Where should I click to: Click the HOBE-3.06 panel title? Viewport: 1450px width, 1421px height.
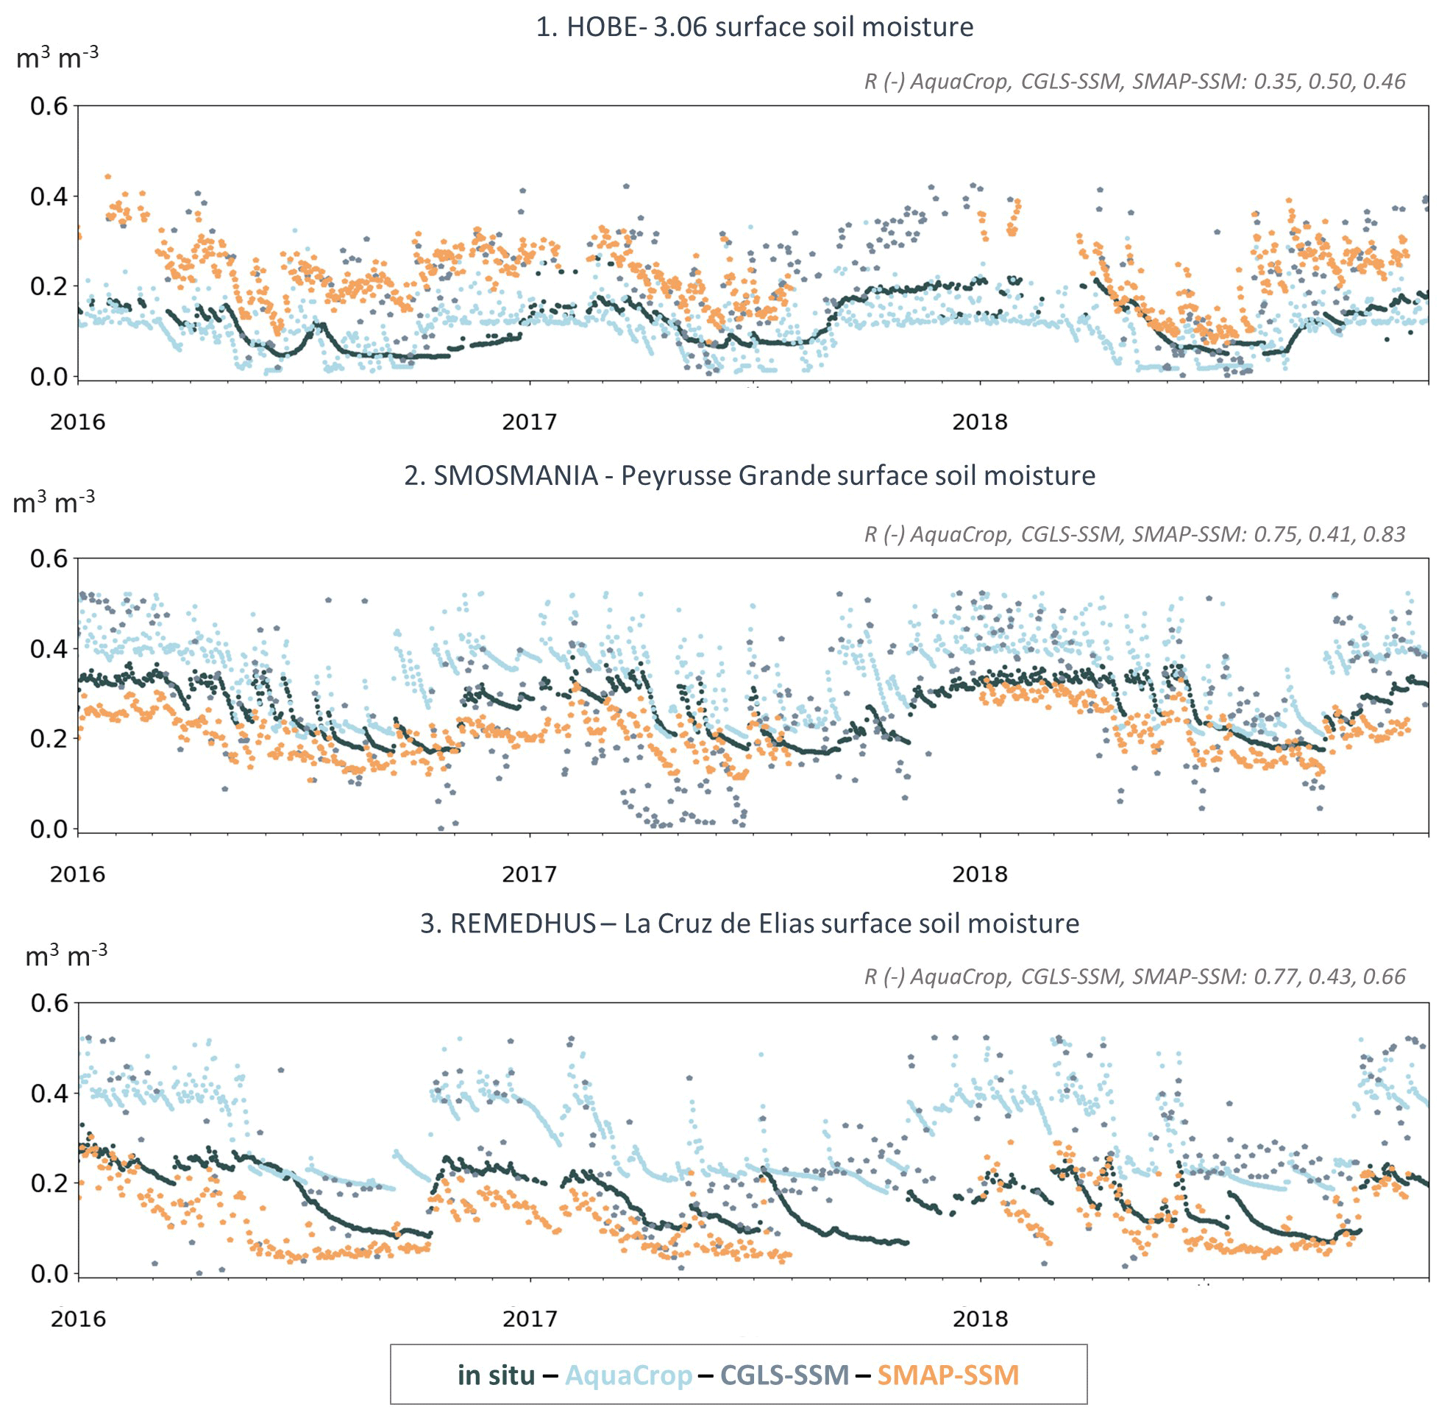coord(754,28)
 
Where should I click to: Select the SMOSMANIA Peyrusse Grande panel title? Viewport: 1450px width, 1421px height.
coord(749,475)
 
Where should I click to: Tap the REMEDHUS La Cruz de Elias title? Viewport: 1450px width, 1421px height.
coord(749,924)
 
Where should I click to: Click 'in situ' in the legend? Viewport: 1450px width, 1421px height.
coord(496,1375)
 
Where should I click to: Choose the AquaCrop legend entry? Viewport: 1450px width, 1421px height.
coord(628,1375)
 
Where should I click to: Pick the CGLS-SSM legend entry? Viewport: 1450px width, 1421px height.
coord(784,1375)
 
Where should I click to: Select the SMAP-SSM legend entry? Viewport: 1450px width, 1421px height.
coord(948,1375)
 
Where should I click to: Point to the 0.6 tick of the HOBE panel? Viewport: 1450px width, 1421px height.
coord(49,106)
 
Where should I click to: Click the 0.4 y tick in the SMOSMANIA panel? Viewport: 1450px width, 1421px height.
coord(49,648)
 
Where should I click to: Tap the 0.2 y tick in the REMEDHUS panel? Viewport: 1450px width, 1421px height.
coord(49,1183)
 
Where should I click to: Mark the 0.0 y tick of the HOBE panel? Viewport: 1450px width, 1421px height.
coord(49,377)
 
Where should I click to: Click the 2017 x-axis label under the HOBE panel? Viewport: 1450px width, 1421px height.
coord(529,422)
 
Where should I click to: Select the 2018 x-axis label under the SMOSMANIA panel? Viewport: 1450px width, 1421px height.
coord(980,874)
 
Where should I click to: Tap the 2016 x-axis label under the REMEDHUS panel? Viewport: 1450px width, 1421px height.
coord(79,1319)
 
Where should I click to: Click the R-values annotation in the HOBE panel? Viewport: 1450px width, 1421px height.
coord(1134,82)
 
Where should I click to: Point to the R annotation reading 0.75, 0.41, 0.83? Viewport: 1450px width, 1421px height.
coord(1134,534)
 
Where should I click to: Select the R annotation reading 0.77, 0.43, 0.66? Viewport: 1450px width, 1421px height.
coord(1134,977)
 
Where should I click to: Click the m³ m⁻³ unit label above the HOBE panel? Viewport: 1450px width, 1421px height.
coord(57,57)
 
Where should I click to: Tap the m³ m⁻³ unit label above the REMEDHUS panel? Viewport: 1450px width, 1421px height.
coord(65,955)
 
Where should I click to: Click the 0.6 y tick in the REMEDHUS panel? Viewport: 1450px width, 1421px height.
coord(49,1003)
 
